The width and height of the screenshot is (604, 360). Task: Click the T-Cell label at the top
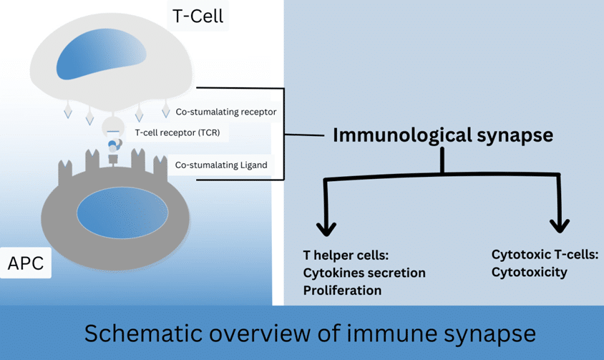tap(198, 16)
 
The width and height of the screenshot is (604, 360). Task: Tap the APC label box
tap(26, 263)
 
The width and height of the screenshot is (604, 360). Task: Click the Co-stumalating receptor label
tap(225, 112)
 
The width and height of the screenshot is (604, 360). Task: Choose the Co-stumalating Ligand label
tap(220, 165)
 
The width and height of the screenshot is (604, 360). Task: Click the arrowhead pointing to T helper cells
tap(326, 228)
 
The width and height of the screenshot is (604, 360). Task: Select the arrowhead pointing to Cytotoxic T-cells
tap(559, 225)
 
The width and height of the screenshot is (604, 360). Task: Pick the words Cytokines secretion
tap(364, 273)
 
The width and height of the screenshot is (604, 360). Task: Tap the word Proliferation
tap(342, 291)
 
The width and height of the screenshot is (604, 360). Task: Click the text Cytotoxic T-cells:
tap(545, 255)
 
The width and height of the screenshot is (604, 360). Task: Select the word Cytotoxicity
tap(529, 273)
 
